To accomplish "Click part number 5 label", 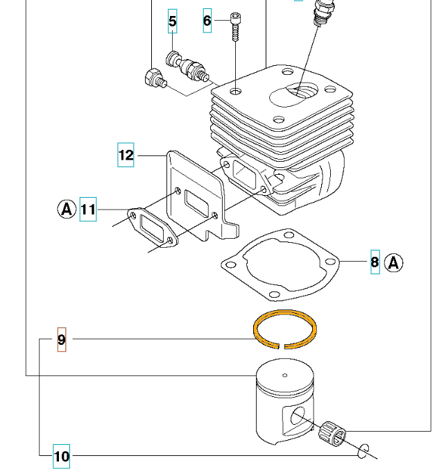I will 173,22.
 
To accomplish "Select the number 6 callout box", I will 207,21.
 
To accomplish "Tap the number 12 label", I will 126,155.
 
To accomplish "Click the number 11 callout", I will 88,208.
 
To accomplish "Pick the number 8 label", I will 375,262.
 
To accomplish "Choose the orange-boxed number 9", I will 62,339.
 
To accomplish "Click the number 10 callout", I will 62,456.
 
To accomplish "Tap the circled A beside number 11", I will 66,208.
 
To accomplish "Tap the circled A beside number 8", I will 395,262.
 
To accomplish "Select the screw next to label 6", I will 237,28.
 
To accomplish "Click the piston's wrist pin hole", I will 298,416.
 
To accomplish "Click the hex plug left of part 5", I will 152,78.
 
